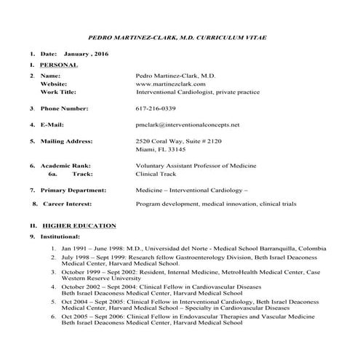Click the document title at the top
pos(180,36)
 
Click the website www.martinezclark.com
pos(169,84)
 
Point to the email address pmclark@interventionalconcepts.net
pos(188,124)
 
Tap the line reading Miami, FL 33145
pos(160,149)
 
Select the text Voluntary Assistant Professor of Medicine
pos(193,165)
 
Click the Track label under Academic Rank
pos(84,174)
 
